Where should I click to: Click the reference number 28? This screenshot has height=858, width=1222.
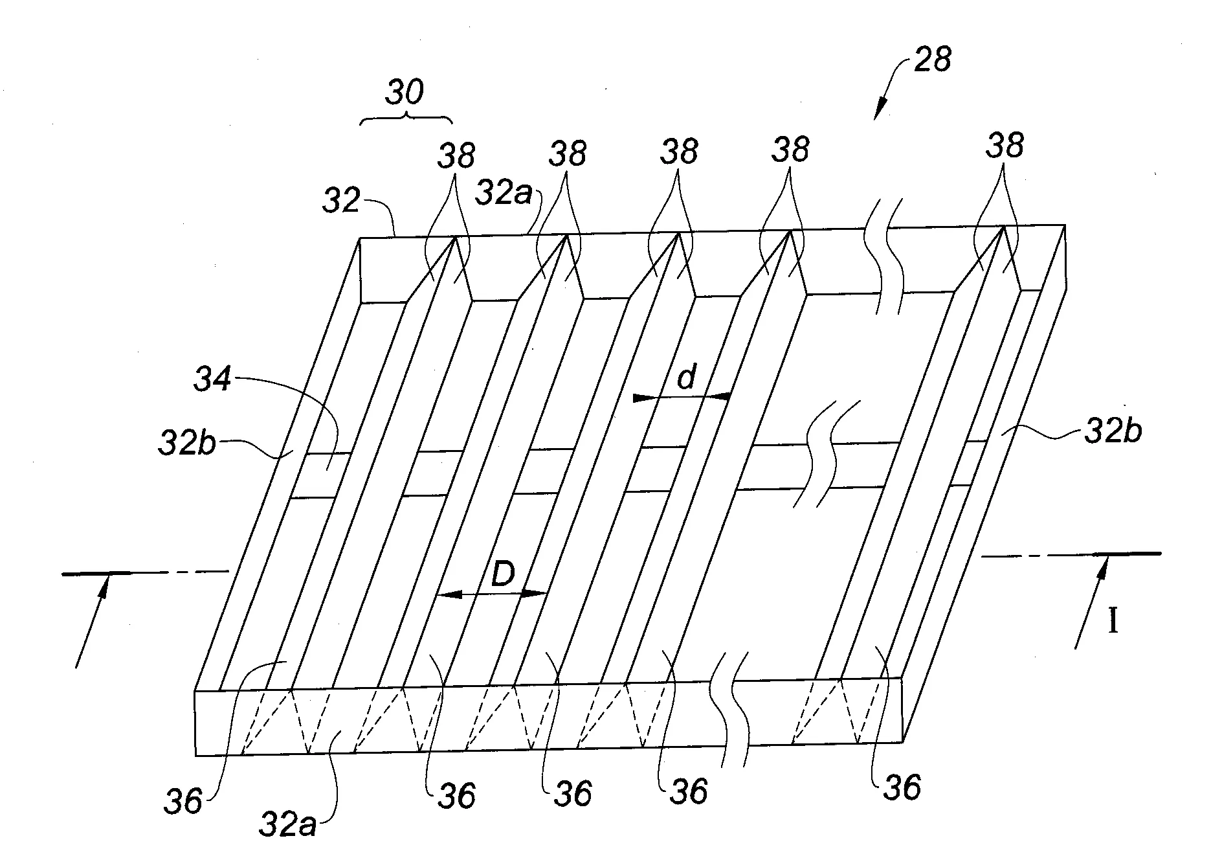click(x=932, y=60)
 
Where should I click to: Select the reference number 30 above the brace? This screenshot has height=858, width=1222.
click(x=405, y=93)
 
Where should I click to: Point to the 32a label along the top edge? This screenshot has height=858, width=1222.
click(x=503, y=193)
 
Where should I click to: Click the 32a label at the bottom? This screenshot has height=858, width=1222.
click(x=287, y=825)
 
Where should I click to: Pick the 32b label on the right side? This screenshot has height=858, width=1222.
click(x=1113, y=431)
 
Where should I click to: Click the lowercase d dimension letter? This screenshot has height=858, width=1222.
click(x=685, y=378)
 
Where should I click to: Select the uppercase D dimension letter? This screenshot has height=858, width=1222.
click(x=502, y=574)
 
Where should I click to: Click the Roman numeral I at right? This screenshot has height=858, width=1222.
click(x=1113, y=622)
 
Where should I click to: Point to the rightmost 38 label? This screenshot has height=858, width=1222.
click(x=1005, y=146)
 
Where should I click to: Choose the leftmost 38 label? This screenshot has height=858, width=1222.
click(x=456, y=155)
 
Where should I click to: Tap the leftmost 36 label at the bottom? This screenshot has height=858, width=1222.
click(x=184, y=802)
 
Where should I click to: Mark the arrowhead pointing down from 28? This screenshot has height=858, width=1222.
click(x=880, y=110)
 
